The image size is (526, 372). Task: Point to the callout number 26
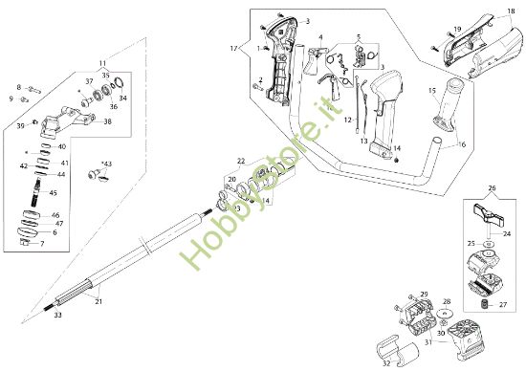[493, 189]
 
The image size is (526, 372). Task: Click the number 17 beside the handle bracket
[232, 47]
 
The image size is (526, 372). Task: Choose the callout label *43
[104, 164]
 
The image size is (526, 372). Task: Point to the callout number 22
[241, 162]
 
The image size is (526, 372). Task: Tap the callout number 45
[53, 192]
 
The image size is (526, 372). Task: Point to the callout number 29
[425, 294]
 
